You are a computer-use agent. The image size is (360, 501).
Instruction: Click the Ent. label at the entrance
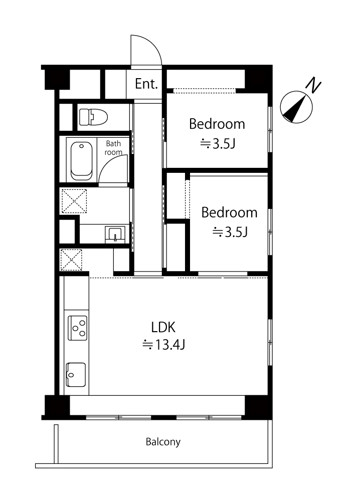[x=146, y=84]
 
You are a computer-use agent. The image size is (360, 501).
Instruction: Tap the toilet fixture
[x=93, y=117]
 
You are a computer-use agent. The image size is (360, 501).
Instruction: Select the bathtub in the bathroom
[x=82, y=161]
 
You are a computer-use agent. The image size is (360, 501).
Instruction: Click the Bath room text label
[x=113, y=148]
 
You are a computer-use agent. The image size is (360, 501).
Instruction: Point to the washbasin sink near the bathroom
[x=115, y=235]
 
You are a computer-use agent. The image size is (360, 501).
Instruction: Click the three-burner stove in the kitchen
[x=77, y=328]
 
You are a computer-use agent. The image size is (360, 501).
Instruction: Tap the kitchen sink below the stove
[x=76, y=374]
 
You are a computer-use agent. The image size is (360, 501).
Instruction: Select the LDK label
[x=163, y=328]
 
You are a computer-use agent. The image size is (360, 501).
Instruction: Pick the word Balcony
[x=163, y=442]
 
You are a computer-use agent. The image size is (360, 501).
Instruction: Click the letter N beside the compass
[x=313, y=85]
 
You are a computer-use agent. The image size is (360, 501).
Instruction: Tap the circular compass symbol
[x=296, y=107]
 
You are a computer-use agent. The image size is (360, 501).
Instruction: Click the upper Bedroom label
[x=217, y=124]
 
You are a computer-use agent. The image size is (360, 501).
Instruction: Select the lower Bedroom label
[x=229, y=212]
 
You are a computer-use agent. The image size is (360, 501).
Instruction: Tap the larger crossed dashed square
[x=74, y=201]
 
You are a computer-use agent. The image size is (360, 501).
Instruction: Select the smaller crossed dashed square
[x=71, y=260]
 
